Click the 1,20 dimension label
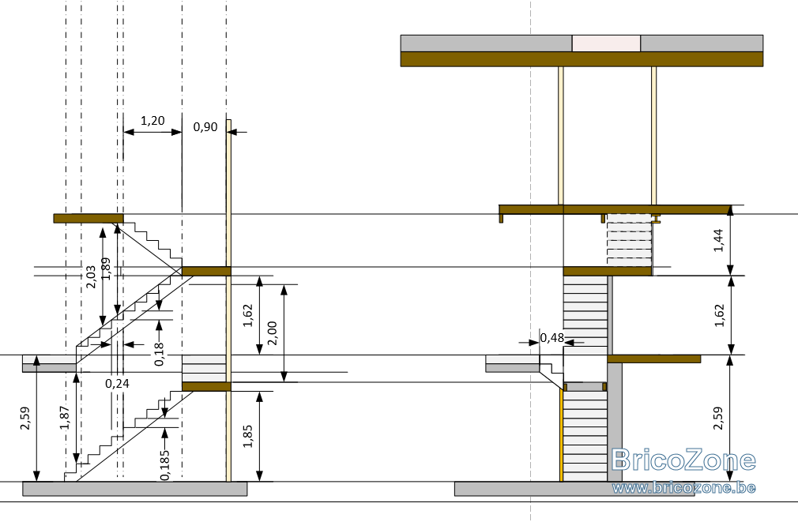point(152,121)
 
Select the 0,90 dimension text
point(205,126)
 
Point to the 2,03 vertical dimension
point(91,276)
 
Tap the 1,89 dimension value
point(106,269)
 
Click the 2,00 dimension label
point(272,333)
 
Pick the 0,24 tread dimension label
point(117,383)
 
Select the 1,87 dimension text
point(65,417)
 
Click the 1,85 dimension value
point(247,436)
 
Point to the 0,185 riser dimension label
point(165,464)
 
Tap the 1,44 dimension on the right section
point(718,240)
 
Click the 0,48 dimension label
point(552,337)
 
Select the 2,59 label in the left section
point(25,418)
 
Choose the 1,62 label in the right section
point(719,315)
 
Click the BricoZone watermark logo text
point(683,460)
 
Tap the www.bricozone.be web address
point(683,487)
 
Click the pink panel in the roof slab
point(606,43)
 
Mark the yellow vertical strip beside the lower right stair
point(561,435)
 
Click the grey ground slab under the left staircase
point(135,488)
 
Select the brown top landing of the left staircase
point(88,218)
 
